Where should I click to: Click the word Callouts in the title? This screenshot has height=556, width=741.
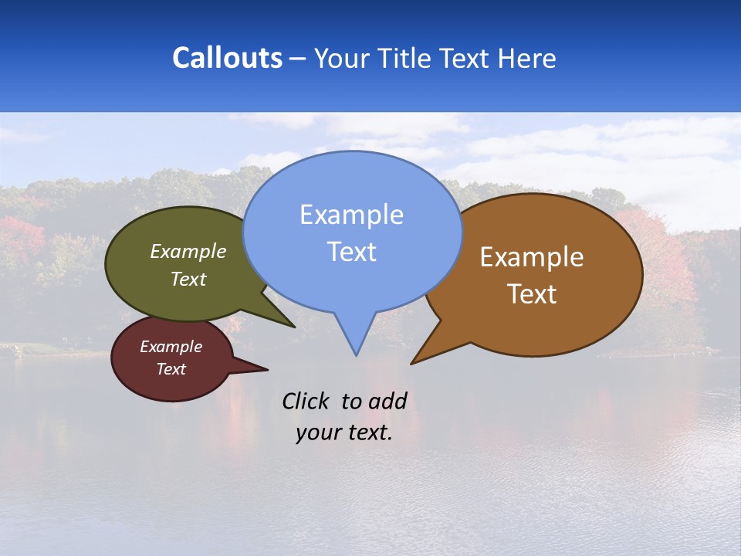click(228, 58)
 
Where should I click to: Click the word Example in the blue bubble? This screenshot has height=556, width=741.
click(351, 215)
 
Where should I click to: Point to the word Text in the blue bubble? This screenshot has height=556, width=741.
click(351, 252)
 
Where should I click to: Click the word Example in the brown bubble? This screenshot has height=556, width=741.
click(532, 257)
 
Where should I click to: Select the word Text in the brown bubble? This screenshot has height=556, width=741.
click(532, 294)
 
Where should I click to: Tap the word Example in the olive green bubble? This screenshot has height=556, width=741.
click(188, 252)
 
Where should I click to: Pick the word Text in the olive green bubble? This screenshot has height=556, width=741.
click(188, 280)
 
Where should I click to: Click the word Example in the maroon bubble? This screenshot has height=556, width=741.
click(171, 347)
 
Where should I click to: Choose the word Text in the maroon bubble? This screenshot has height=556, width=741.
click(171, 369)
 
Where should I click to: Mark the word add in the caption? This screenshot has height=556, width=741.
click(387, 401)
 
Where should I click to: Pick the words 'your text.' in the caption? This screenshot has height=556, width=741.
click(344, 432)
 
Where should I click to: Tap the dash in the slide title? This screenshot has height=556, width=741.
click(298, 59)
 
